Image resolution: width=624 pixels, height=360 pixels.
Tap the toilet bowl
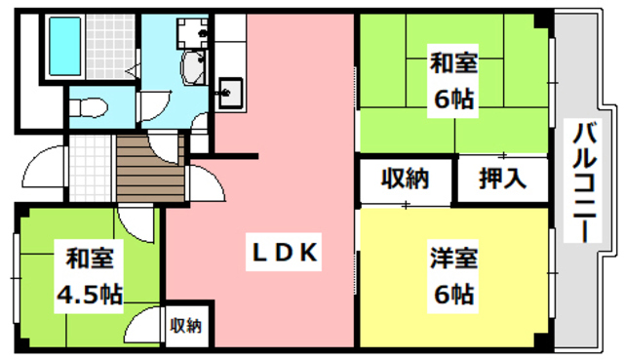pyautogui.click(x=85, y=104)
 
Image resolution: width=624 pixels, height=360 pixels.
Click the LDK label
pyautogui.click(x=280, y=253)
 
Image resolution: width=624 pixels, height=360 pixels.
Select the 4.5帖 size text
pyautogui.click(x=88, y=293)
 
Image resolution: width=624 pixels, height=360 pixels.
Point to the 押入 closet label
pyautogui.click(x=503, y=180)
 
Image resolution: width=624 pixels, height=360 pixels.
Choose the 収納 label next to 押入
pyautogui.click(x=404, y=180)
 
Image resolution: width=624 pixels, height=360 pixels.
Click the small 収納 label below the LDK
pyautogui.click(x=185, y=325)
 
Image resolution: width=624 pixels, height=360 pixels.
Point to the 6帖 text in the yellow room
pyautogui.click(x=454, y=293)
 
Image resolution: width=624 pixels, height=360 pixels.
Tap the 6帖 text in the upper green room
pyautogui.click(x=454, y=100)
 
